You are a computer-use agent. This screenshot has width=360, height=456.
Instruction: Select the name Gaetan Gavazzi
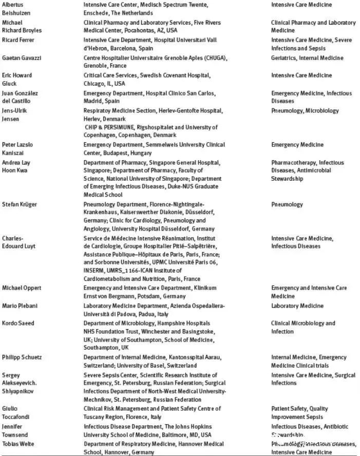coord(22,58)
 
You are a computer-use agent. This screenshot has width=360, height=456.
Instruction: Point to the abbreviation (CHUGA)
coord(215,58)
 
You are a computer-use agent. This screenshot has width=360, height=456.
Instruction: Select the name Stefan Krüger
coord(20,204)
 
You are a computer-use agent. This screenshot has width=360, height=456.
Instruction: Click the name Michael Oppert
coord(22,288)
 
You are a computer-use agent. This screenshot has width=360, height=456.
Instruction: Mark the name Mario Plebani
coord(18,306)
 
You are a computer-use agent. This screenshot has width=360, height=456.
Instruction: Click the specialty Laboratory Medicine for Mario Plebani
coord(297,306)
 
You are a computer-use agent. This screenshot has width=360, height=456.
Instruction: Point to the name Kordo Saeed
coord(18,324)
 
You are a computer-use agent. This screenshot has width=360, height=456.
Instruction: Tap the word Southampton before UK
coord(102,347)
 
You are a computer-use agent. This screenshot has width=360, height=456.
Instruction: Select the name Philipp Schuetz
coord(22,357)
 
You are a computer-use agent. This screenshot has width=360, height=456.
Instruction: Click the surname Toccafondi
coord(16,416)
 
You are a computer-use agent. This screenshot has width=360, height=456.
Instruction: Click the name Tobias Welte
coord(18,444)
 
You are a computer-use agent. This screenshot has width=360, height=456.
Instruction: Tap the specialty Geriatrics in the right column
coord(284,58)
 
